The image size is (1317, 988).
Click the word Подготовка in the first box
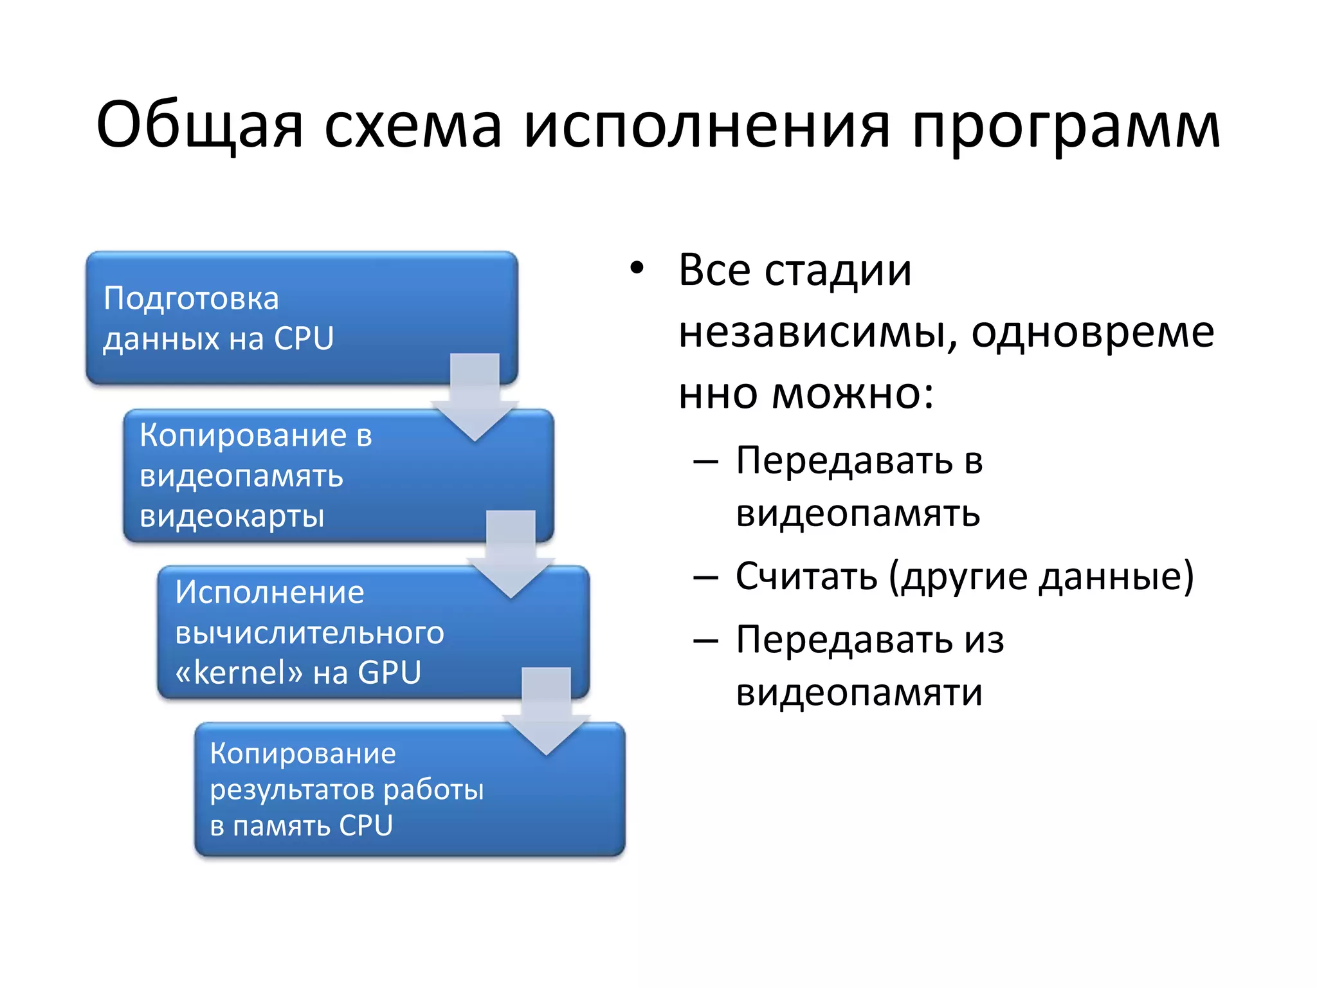[x=191, y=298]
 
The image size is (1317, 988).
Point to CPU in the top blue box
[x=304, y=338]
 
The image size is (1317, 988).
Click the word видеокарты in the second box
[x=232, y=516]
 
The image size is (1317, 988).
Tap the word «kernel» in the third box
[x=239, y=673]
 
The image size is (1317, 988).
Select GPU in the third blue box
[x=389, y=673]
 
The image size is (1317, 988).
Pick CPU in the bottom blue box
[x=365, y=825]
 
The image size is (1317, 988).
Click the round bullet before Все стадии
[x=636, y=269]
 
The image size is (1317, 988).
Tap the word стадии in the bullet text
[x=838, y=270]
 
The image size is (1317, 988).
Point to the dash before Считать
[x=705, y=577]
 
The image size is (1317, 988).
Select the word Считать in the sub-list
[x=806, y=576]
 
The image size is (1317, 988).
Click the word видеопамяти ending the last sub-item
[x=859, y=693]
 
